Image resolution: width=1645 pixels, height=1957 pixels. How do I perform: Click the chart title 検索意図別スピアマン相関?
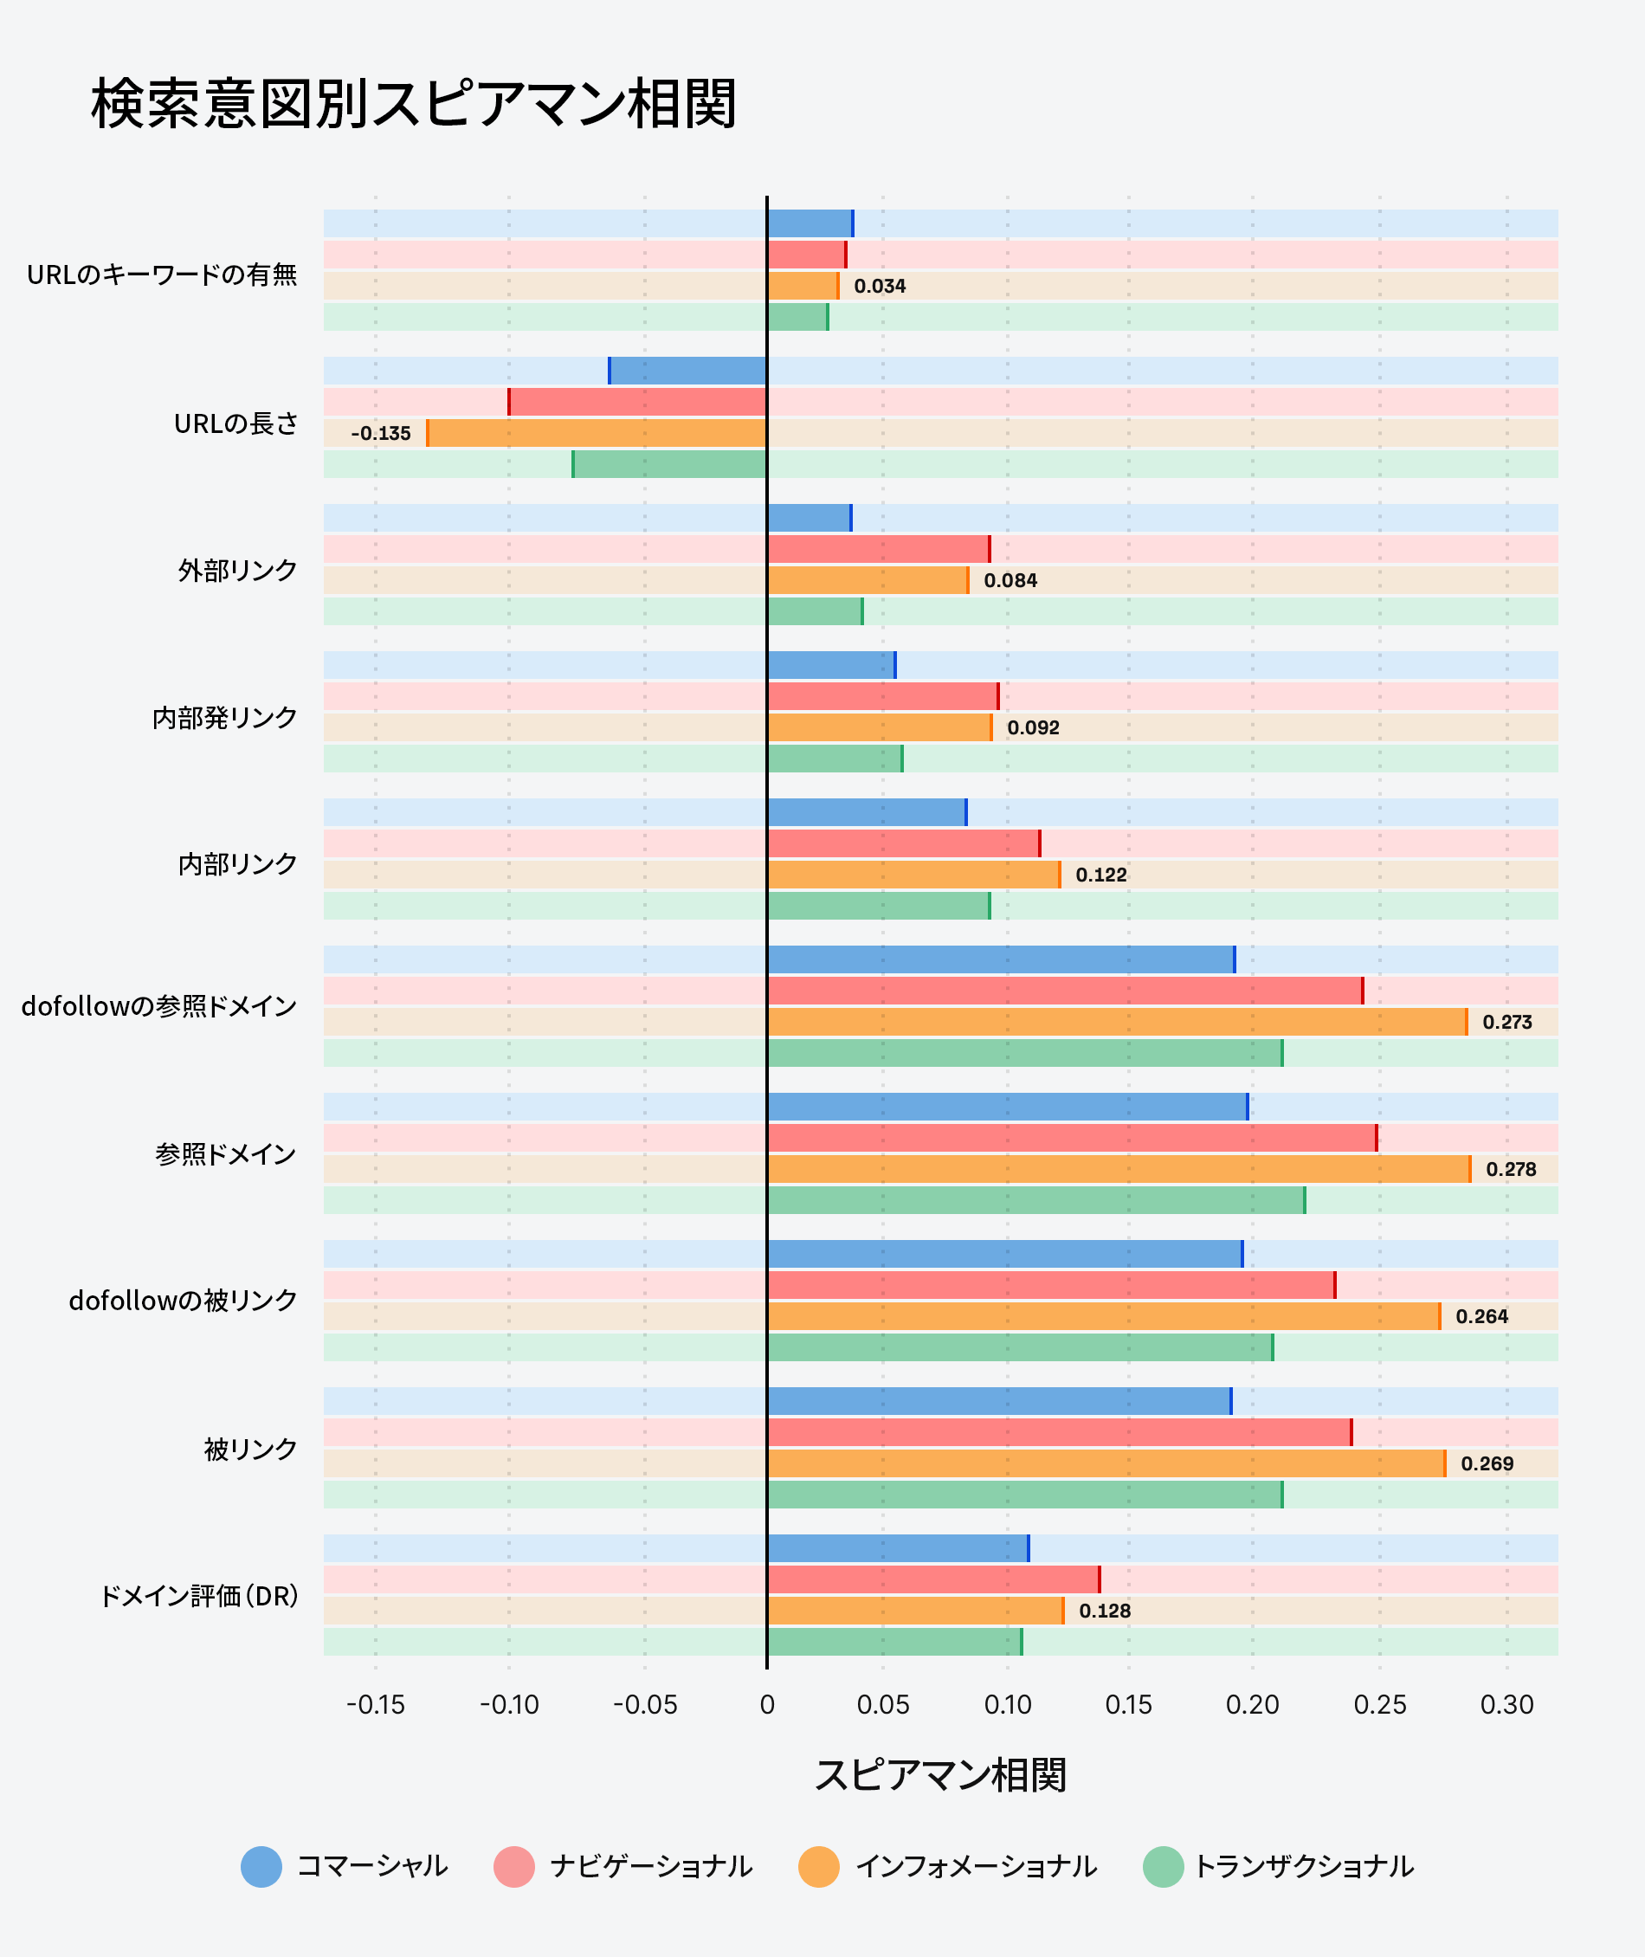[x=414, y=104]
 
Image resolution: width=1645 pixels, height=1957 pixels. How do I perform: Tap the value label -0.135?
[x=380, y=434]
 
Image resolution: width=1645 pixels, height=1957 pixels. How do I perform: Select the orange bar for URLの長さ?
[x=597, y=433]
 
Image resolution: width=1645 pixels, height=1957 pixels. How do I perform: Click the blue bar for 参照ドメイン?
[x=1007, y=1108]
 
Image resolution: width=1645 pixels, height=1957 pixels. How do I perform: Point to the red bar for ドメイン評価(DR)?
[x=932, y=1579]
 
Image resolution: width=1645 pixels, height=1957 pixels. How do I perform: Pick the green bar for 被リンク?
[x=1024, y=1495]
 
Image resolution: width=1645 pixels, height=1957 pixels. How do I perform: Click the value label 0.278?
[x=1511, y=1170]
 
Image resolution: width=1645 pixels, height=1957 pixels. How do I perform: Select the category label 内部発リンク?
[x=225, y=717]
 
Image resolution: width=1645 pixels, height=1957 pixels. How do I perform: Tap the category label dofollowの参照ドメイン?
[x=159, y=1006]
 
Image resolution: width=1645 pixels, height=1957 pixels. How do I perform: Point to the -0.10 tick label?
[x=509, y=1705]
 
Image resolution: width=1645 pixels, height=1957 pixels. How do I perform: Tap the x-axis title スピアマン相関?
[x=940, y=1775]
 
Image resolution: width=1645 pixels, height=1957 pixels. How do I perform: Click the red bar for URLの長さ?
[x=638, y=402]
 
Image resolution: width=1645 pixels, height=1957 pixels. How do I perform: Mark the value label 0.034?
[x=880, y=287]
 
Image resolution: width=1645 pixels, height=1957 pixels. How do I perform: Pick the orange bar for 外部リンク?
[x=868, y=580]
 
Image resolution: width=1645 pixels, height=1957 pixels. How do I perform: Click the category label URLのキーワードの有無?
[x=162, y=275]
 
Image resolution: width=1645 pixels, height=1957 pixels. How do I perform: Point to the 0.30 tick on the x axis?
[x=1507, y=1705]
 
